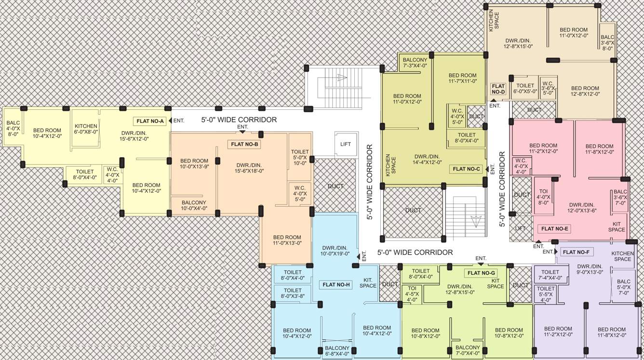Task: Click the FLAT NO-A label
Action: pyautogui.click(x=150, y=121)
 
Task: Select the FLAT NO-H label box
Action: pyautogui.click(x=336, y=284)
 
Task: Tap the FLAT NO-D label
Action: pyautogui.click(x=498, y=89)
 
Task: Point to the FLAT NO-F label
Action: pyautogui.click(x=576, y=252)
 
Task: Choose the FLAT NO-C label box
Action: pyautogui.click(x=467, y=169)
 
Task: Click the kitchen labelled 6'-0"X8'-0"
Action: pyautogui.click(x=86, y=129)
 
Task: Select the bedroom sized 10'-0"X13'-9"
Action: pyautogui.click(x=194, y=164)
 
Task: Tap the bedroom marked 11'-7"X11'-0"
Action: pyautogui.click(x=462, y=78)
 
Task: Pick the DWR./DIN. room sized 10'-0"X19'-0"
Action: pyautogui.click(x=335, y=250)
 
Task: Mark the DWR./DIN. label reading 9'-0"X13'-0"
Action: pyautogui.click(x=590, y=269)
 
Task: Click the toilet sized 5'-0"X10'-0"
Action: pyautogui.click(x=300, y=157)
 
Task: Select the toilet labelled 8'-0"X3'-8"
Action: pyautogui.click(x=293, y=293)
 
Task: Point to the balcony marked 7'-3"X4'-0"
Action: pyautogui.click(x=415, y=63)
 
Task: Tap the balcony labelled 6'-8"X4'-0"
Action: pyautogui.click(x=337, y=351)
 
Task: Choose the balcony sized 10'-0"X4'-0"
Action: pyautogui.click(x=194, y=205)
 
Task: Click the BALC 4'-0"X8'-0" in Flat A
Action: pyautogui.click(x=13, y=128)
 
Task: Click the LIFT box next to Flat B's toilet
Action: pyautogui.click(x=346, y=144)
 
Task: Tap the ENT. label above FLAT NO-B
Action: pyautogui.click(x=242, y=127)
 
